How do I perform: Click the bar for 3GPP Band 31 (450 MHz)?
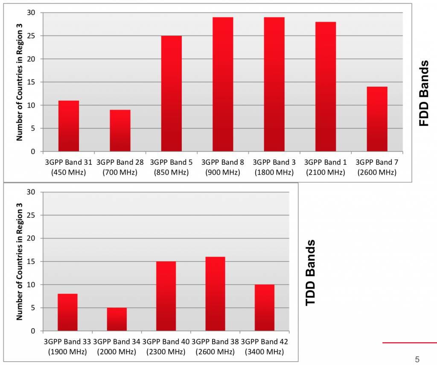pyautogui.click(x=69, y=126)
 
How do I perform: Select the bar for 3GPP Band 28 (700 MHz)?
pyautogui.click(x=120, y=131)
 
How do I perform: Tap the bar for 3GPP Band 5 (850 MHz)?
pyautogui.click(x=171, y=93)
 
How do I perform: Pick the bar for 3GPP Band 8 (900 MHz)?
pyautogui.click(x=223, y=85)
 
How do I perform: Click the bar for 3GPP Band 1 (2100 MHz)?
pyautogui.click(x=326, y=87)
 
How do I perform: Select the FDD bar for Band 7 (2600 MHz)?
pyautogui.click(x=377, y=119)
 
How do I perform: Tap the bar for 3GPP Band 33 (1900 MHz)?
pyautogui.click(x=67, y=312)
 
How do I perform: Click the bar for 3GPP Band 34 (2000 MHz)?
pyautogui.click(x=117, y=319)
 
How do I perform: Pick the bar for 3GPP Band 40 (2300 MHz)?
pyautogui.click(x=166, y=296)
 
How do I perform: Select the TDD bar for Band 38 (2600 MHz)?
pyautogui.click(x=215, y=294)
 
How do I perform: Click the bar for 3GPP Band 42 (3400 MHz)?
pyautogui.click(x=265, y=307)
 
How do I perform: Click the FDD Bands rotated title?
pyautogui.click(x=424, y=93)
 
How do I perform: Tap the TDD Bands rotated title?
pyautogui.click(x=311, y=272)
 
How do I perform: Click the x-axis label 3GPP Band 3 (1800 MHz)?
pyautogui.click(x=274, y=167)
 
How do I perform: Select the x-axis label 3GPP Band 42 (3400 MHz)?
pyautogui.click(x=264, y=347)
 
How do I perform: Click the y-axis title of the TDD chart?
pyautogui.click(x=19, y=261)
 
